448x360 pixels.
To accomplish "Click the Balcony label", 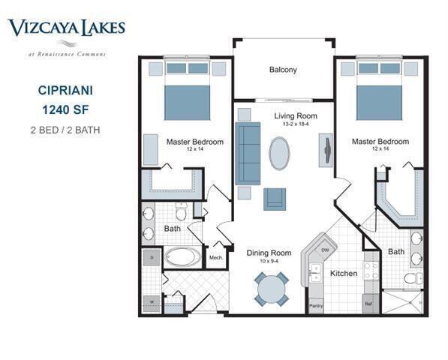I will [x=283, y=70].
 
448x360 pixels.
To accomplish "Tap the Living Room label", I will [x=295, y=116].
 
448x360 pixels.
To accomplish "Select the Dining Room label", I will [x=269, y=253].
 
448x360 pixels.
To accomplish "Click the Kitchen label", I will [x=344, y=273].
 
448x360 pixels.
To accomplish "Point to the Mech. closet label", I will [x=216, y=258].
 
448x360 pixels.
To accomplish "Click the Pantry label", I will [x=316, y=305].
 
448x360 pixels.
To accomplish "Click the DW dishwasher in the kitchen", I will [x=325, y=249].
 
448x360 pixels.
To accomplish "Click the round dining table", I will [x=271, y=289].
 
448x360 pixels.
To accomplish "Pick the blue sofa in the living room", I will [x=248, y=153].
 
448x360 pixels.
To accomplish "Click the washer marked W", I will [x=152, y=301].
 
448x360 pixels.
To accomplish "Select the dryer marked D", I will [x=152, y=257].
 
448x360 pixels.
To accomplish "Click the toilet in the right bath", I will [x=412, y=278].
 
